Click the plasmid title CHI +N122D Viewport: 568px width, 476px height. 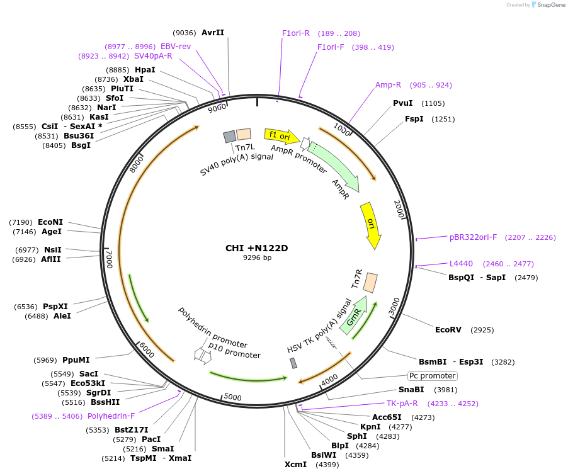tap(256, 248)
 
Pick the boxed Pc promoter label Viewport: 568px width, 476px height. tap(432, 376)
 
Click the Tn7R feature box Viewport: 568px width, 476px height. tap(371, 282)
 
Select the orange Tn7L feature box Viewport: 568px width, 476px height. tap(243, 134)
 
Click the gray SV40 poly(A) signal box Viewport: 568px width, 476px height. tap(229, 137)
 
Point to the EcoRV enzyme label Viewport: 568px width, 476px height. tap(448, 329)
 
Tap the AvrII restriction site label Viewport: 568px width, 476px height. tap(213, 33)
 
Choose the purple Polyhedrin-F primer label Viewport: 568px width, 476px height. tap(111, 416)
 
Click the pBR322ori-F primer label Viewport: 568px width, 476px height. tap(473, 237)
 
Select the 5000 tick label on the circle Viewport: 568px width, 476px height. tap(233, 397)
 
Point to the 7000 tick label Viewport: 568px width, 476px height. tap(110, 258)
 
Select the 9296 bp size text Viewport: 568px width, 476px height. tap(257, 258)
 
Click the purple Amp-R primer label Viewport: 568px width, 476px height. tap(388, 85)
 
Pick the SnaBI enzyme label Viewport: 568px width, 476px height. tap(411, 390)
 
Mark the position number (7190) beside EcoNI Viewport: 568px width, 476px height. tap(20, 222)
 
